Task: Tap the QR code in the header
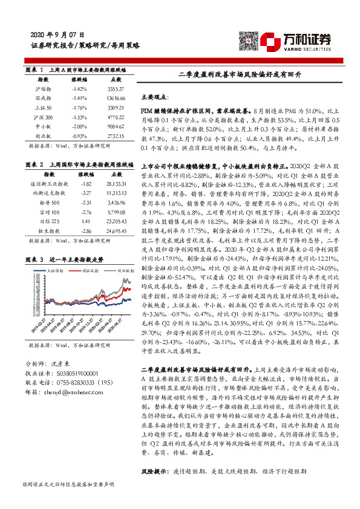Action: click(x=248, y=39)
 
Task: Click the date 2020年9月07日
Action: click(x=57, y=35)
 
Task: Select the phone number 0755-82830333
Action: click(x=74, y=383)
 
